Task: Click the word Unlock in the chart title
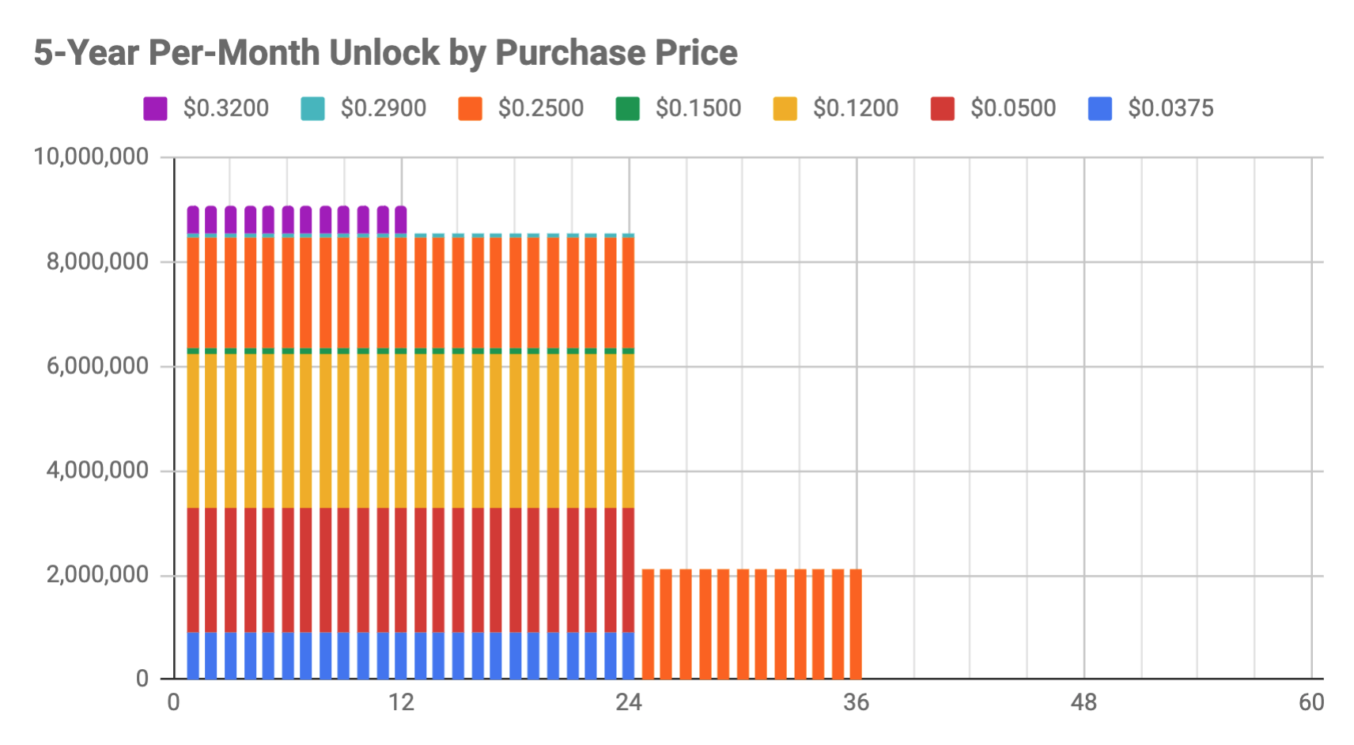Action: tap(384, 53)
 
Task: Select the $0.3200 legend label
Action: tap(225, 108)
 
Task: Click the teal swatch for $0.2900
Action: tap(312, 108)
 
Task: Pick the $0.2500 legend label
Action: tap(540, 108)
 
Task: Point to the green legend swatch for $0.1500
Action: tap(627, 108)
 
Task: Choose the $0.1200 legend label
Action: tap(855, 108)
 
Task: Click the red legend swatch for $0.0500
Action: tap(942, 108)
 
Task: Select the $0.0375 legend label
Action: tap(1170, 108)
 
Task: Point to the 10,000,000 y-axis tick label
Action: tap(91, 157)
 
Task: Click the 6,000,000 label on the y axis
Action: tap(97, 366)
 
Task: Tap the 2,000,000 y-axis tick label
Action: tap(97, 575)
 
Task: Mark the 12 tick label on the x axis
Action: tap(401, 702)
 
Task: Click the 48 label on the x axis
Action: tap(1084, 702)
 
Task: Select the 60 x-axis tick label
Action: tap(1311, 702)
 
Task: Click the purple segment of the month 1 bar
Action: tap(193, 219)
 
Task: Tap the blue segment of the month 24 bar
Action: tap(628, 655)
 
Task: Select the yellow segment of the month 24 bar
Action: tap(628, 430)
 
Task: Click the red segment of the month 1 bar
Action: tap(193, 569)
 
